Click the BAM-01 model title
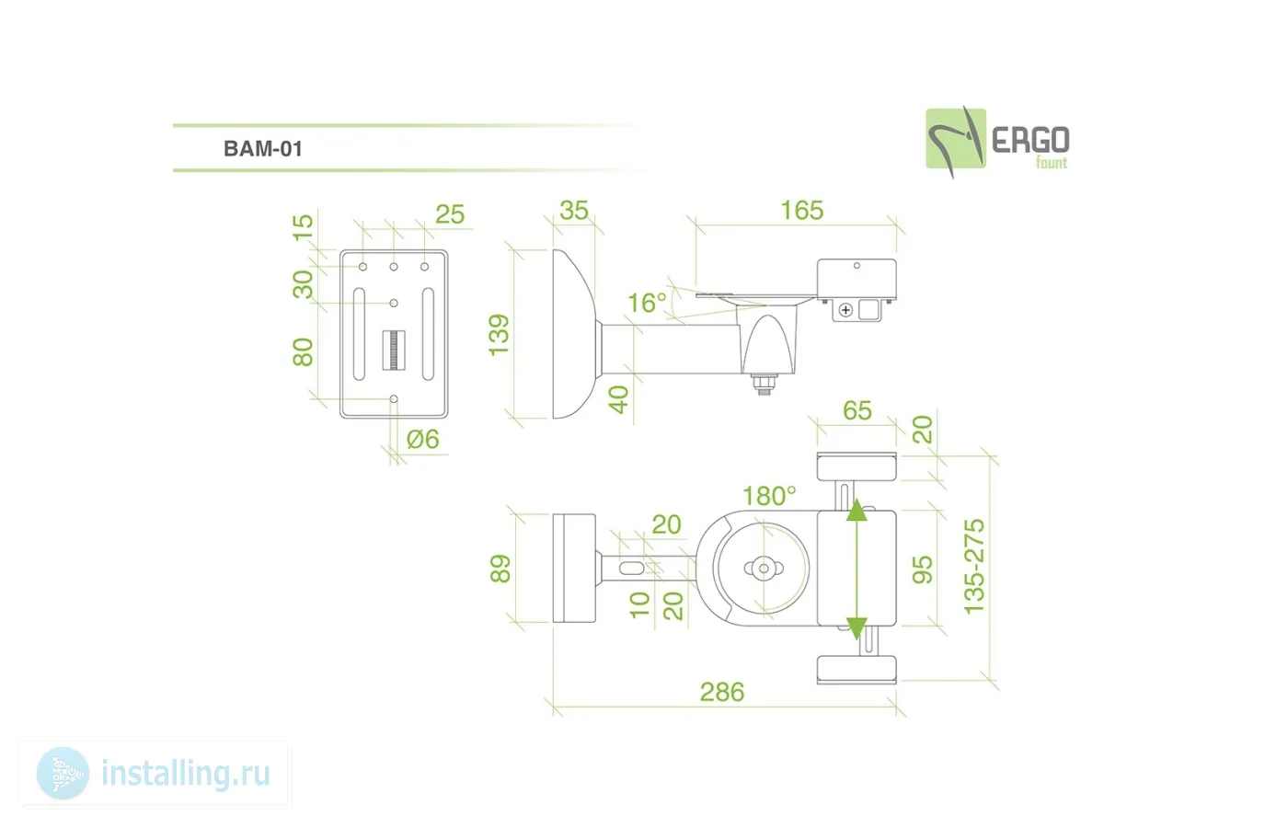coord(263,149)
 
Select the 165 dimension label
coord(801,211)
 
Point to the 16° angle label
coord(647,303)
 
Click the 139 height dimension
coord(499,335)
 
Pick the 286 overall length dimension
coord(722,692)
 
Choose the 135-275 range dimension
coord(974,566)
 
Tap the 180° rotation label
coord(769,496)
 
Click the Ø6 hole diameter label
coord(423,440)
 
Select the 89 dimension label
coord(500,569)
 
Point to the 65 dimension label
coord(857,410)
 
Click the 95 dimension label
coord(922,569)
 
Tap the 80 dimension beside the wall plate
coord(303,351)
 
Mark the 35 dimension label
coord(574,211)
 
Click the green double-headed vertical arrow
coord(857,569)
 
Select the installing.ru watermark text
coord(185,774)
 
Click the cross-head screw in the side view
coord(845,310)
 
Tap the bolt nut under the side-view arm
coord(764,384)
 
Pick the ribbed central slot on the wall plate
coord(393,350)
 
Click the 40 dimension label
coord(619,399)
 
